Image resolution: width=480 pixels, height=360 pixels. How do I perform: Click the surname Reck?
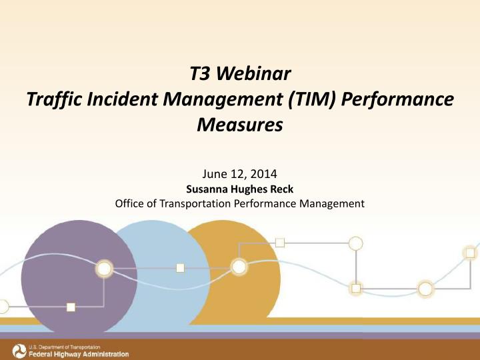point(282,189)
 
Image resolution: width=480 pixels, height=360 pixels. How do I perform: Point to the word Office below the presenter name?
point(131,204)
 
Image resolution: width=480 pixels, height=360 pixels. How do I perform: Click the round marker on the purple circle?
point(105,269)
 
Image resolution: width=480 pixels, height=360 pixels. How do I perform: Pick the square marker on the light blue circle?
point(180,268)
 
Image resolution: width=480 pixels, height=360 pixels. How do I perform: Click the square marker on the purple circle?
point(71,307)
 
